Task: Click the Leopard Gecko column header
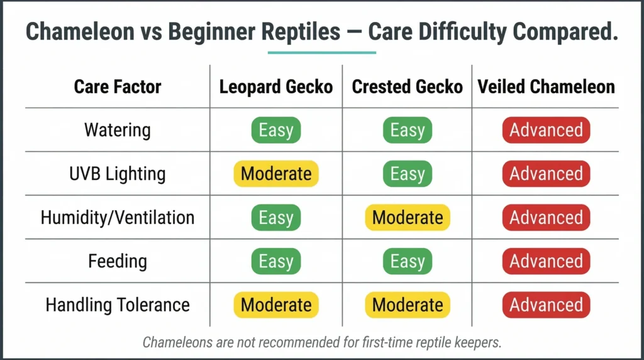[x=275, y=86]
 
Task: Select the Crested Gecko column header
[x=407, y=86]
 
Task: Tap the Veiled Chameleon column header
[x=546, y=86]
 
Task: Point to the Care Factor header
[x=118, y=86]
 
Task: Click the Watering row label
[x=118, y=130]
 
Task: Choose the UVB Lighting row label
[x=118, y=174]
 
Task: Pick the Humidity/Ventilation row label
[x=118, y=218]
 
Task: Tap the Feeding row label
[x=118, y=261]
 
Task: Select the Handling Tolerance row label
[x=118, y=305]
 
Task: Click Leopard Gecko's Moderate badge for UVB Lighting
[x=275, y=174]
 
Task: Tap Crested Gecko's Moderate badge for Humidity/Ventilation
[x=407, y=218]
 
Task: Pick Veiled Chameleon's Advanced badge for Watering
[x=546, y=130]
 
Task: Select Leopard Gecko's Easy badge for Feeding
[x=275, y=261]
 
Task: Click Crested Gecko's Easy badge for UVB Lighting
[x=407, y=174]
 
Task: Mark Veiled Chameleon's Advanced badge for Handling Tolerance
[x=546, y=305]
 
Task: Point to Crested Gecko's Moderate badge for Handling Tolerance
[x=407, y=305]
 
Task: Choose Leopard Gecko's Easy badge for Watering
[x=275, y=130]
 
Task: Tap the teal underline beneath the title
[x=321, y=53]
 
